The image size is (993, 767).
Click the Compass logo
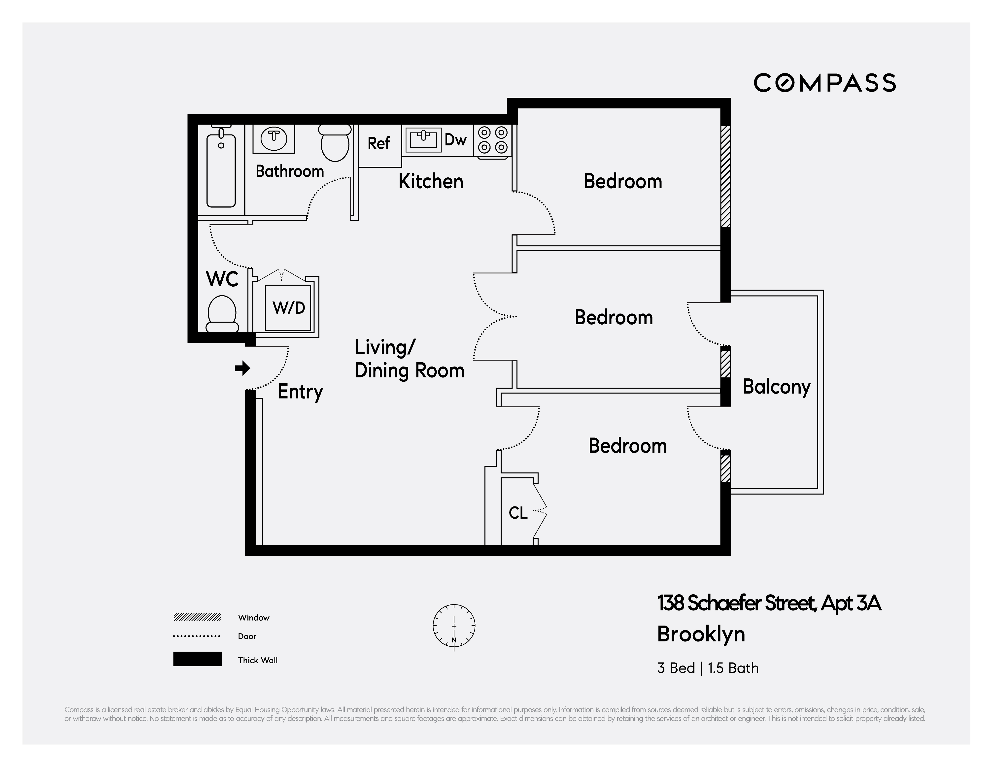tap(824, 83)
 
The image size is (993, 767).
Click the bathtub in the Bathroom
tap(221, 170)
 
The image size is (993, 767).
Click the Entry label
tap(300, 392)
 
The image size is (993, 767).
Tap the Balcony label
tap(777, 387)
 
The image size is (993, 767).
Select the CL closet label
tap(518, 513)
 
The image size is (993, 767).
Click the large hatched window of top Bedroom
tap(726, 176)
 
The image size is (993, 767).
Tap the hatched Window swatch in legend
tap(197, 617)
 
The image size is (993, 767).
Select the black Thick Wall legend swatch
tap(197, 659)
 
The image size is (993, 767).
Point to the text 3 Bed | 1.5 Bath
tap(708, 668)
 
